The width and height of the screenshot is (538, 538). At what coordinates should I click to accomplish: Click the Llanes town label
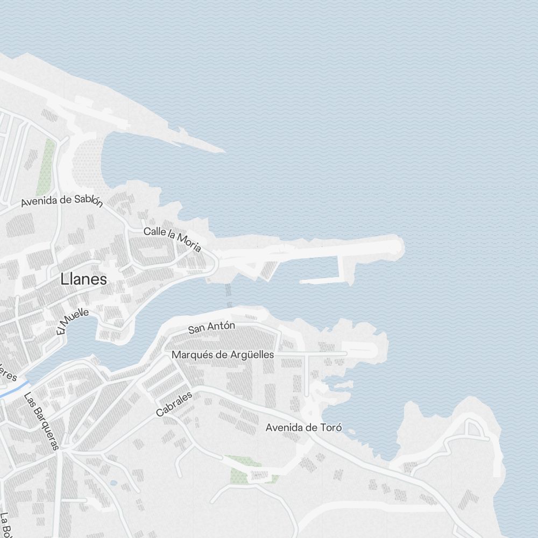pyautogui.click(x=83, y=279)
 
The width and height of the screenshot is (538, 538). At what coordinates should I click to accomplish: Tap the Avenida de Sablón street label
pyautogui.click(x=61, y=201)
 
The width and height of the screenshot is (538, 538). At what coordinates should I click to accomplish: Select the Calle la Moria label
pyautogui.click(x=172, y=239)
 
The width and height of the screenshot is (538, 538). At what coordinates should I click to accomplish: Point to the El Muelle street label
pyautogui.click(x=72, y=321)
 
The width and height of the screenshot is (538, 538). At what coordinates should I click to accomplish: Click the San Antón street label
pyautogui.click(x=211, y=327)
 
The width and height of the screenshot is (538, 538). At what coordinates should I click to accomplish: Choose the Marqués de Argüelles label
pyautogui.click(x=222, y=355)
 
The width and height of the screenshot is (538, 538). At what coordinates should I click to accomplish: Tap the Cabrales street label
pyautogui.click(x=174, y=404)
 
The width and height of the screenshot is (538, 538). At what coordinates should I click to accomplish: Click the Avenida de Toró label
pyautogui.click(x=303, y=428)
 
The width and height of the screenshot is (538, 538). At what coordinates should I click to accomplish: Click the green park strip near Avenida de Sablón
pyautogui.click(x=46, y=167)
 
